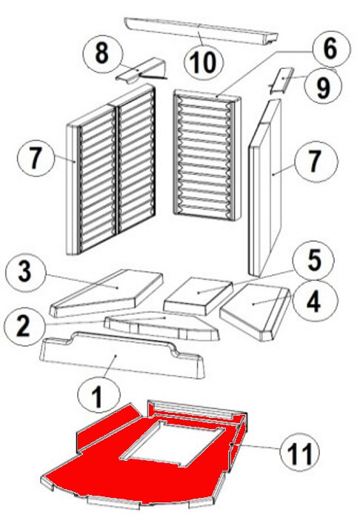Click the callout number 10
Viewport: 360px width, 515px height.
coord(204,62)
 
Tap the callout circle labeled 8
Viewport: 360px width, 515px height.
coord(102,53)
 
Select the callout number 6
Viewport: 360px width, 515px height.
coord(330,49)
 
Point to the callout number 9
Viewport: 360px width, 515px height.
coord(323,87)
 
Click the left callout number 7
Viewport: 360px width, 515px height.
coord(35,158)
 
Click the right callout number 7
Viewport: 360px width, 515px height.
coord(314,162)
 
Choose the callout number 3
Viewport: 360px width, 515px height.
coord(25,272)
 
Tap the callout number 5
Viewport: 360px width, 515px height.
coord(315,260)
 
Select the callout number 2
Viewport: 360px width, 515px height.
coord(23,325)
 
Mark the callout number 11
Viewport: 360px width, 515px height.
coord(300,453)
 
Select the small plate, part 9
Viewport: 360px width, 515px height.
coord(281,81)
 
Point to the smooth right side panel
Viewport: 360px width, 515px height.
coord(265,188)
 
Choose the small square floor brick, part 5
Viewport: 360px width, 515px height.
coord(199,296)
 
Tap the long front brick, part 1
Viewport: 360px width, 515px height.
coord(121,356)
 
